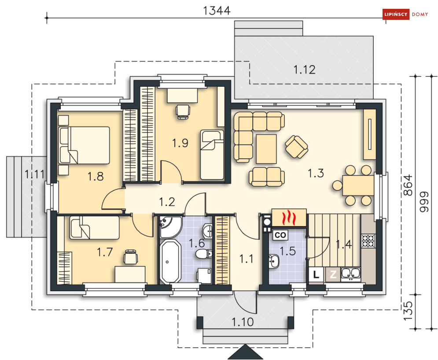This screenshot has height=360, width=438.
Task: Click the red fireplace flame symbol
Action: (x=289, y=218)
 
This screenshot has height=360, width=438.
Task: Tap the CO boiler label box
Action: (x=280, y=235)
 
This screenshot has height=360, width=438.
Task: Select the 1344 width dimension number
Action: (x=217, y=11)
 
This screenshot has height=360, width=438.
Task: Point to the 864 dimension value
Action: (x=408, y=185)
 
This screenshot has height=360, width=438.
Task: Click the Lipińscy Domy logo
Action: (x=405, y=14)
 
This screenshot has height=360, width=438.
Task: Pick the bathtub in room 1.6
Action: (x=170, y=261)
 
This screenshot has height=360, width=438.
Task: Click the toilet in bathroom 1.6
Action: (x=203, y=254)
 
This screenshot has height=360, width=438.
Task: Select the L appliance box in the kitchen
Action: (x=316, y=275)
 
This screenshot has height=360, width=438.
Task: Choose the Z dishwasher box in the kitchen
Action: (x=333, y=275)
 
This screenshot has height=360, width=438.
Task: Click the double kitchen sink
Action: (x=350, y=274)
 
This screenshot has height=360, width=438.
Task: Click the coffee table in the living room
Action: (x=266, y=149)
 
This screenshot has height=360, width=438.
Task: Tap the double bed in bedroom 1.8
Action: (x=84, y=145)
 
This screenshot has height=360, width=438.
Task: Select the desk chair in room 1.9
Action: (x=183, y=111)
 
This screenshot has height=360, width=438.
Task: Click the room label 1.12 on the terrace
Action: (x=304, y=69)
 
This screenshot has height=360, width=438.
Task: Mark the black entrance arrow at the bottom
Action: (x=246, y=352)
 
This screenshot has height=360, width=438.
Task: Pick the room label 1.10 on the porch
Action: (x=243, y=322)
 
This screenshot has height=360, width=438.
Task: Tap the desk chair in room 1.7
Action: (x=131, y=256)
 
